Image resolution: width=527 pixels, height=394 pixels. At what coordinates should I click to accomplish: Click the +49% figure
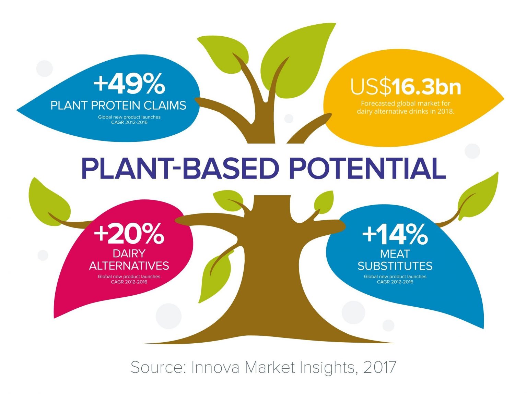pyautogui.click(x=129, y=84)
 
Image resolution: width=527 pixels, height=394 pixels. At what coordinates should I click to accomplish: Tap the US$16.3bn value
pyautogui.click(x=406, y=87)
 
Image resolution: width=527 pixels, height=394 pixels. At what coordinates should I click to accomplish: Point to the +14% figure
pyautogui.click(x=395, y=234)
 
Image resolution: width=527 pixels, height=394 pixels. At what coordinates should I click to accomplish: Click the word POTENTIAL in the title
pyautogui.click(x=367, y=168)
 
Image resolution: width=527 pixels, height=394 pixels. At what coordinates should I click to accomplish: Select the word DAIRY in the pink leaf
pyautogui.click(x=129, y=254)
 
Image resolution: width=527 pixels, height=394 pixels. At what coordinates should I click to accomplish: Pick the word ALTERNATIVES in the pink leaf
pyautogui.click(x=129, y=266)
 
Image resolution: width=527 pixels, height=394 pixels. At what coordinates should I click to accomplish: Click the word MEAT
pyautogui.click(x=395, y=254)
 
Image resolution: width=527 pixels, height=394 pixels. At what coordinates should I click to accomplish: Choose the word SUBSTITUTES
pyautogui.click(x=395, y=266)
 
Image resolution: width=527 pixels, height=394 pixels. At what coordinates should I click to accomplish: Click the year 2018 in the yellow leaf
pyautogui.click(x=445, y=111)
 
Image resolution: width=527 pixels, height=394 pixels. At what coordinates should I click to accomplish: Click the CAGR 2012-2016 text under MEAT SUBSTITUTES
pyautogui.click(x=395, y=282)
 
